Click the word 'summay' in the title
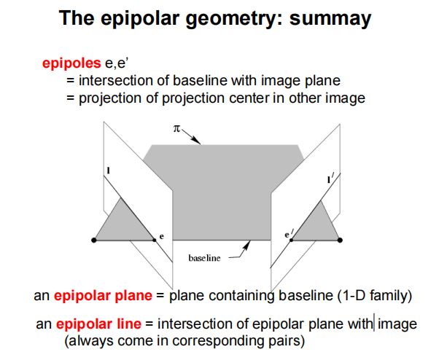pos(330,18)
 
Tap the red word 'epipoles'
pos(71,64)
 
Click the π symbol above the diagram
pos(176,129)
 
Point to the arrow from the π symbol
pos(190,137)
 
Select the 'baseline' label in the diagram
pos(204,258)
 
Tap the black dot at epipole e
pos(155,240)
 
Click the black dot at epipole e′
pos(292,240)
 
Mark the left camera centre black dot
pos(94,240)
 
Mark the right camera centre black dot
pos(340,240)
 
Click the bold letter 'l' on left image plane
pos(109,171)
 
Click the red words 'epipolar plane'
pos(103,296)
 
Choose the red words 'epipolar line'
pos(98,324)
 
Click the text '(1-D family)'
pos(375,296)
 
